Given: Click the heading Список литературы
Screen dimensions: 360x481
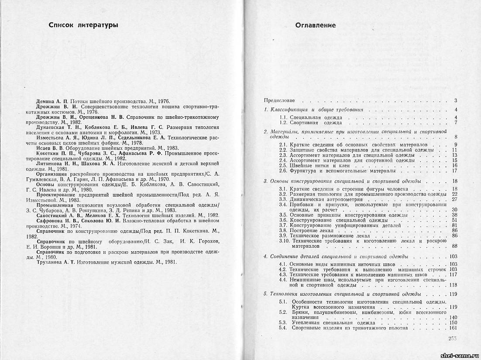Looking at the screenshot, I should (x=83, y=25).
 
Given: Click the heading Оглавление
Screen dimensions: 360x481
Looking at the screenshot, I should (x=316, y=25).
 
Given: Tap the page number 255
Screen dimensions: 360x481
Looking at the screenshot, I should (x=452, y=338).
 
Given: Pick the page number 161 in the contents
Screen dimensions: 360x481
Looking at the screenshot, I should (x=452, y=328).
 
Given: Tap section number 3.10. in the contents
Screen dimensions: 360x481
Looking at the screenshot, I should (x=285, y=241).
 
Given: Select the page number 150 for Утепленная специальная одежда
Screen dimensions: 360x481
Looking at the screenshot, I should (x=452, y=322).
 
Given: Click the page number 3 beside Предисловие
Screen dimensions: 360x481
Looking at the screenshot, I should (x=455, y=100).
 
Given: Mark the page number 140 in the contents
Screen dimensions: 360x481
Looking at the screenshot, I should (x=452, y=317).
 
